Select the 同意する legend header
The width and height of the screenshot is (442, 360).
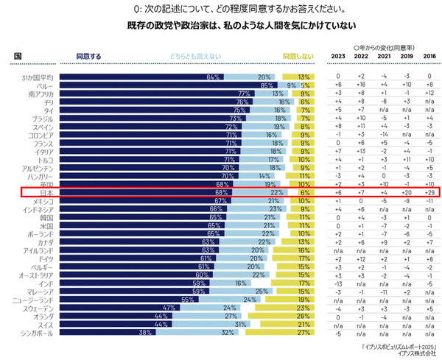point(89,56)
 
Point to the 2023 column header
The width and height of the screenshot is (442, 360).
point(337,56)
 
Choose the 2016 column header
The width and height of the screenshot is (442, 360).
point(428,56)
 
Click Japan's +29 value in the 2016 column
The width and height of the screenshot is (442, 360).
point(428,192)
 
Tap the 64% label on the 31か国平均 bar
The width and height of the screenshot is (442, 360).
point(214,77)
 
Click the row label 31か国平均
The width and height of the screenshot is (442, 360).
point(38,77)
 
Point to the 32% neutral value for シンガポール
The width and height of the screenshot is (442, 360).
point(225,331)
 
